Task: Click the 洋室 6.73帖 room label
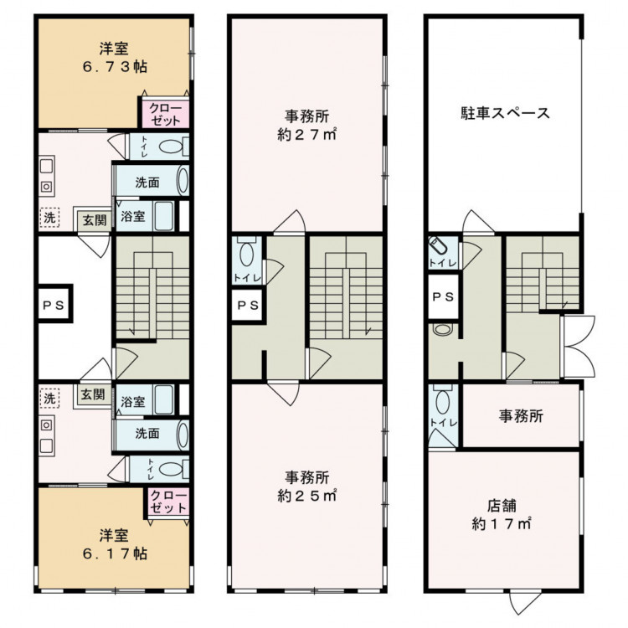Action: pyautogui.click(x=115, y=57)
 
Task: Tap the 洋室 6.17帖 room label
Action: pyautogui.click(x=115, y=544)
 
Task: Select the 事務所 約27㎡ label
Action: pyautogui.click(x=306, y=126)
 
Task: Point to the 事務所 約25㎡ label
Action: pyautogui.click(x=306, y=486)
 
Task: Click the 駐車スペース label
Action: pyautogui.click(x=506, y=113)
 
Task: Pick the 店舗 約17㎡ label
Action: pyautogui.click(x=502, y=515)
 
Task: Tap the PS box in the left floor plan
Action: pyautogui.click(x=55, y=304)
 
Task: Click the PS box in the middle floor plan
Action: pyautogui.click(x=248, y=305)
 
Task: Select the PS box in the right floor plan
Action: pyautogui.click(x=444, y=296)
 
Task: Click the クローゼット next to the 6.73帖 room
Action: pyautogui.click(x=164, y=113)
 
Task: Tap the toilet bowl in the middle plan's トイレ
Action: pyautogui.click(x=246, y=255)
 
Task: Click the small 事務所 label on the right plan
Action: pyautogui.click(x=521, y=416)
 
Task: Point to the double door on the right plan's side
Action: pyautogui.click(x=578, y=347)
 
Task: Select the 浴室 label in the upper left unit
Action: pyautogui.click(x=133, y=216)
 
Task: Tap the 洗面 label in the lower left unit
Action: pyautogui.click(x=147, y=434)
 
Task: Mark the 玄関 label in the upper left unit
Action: pyautogui.click(x=95, y=220)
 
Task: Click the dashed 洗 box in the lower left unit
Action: pyautogui.click(x=49, y=398)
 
